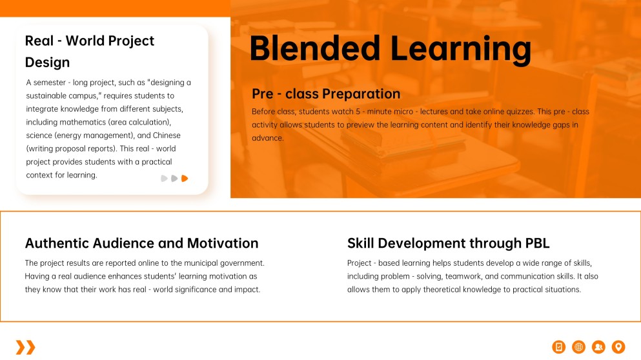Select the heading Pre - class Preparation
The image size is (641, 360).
[x=326, y=94]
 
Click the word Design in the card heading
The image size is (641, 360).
[x=47, y=63]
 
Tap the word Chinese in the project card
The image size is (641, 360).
[x=167, y=135]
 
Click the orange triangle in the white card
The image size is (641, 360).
[x=185, y=178]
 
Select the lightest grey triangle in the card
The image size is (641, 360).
[x=164, y=178]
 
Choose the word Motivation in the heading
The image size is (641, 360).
[x=223, y=243]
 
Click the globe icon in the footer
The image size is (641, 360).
[x=578, y=347]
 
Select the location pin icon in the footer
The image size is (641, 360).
[x=618, y=347]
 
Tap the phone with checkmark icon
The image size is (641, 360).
[x=559, y=347]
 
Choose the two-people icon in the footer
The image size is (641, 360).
[x=598, y=347]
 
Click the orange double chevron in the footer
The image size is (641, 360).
[x=26, y=347]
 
